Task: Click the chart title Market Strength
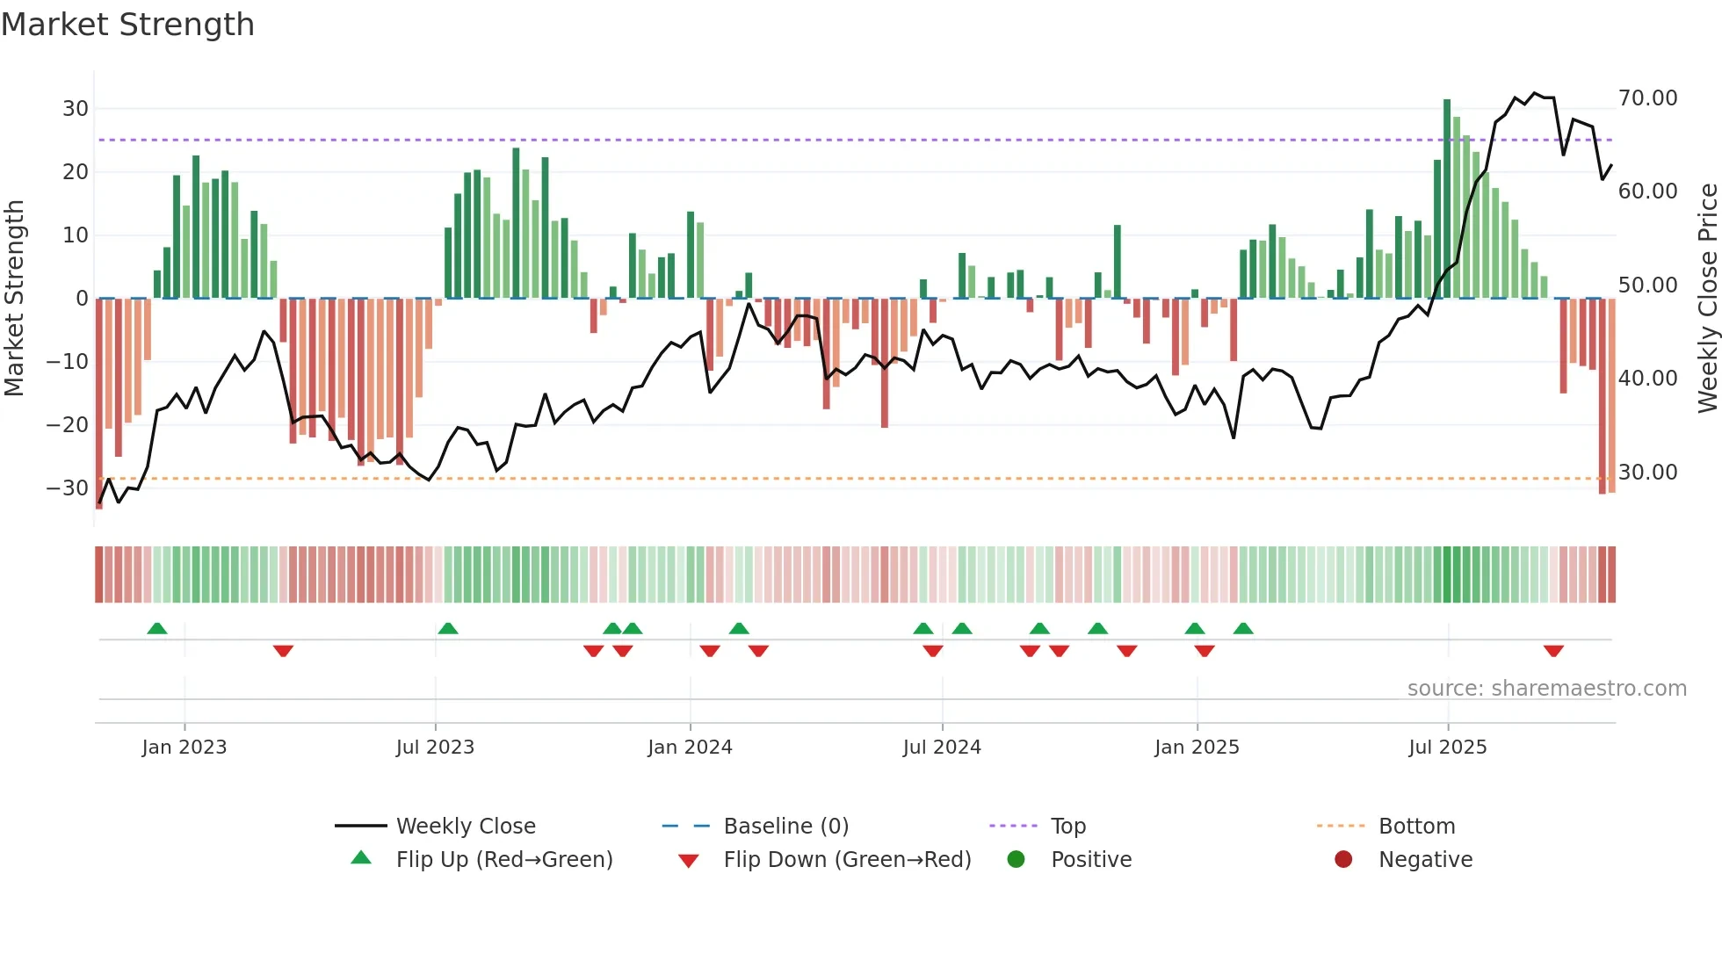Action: pos(127,25)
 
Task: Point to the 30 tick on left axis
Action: pos(76,109)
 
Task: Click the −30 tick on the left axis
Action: pos(69,488)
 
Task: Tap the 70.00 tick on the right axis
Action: pos(1647,98)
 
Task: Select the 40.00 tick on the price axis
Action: pos(1647,379)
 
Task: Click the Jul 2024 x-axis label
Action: pos(942,748)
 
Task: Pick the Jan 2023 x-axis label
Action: pos(184,748)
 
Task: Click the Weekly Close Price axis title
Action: pos(1707,299)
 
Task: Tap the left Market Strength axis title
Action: pos(15,299)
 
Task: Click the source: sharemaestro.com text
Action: pos(1546,689)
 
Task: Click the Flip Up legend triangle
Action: pos(361,858)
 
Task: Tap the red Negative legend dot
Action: pos(1343,859)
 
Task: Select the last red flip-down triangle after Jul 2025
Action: pos(1553,651)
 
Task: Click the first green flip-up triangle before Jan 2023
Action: pos(157,628)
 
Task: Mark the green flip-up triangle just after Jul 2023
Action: pos(448,628)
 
